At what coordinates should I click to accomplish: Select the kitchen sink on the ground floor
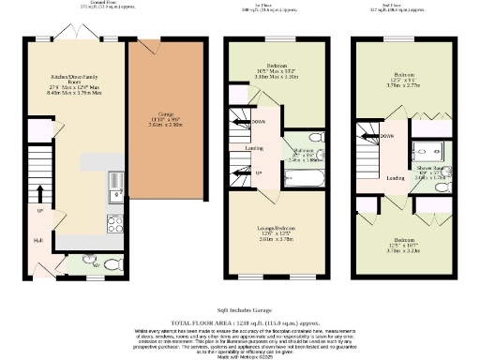click(x=115, y=193)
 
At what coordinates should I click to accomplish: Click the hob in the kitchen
click(x=115, y=224)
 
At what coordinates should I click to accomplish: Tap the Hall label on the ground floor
click(x=37, y=240)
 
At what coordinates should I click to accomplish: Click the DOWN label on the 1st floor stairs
click(x=259, y=121)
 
